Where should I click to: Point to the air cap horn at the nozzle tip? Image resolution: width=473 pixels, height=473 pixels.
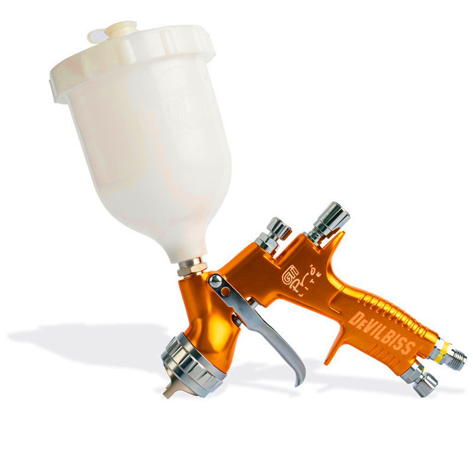tap(170, 390)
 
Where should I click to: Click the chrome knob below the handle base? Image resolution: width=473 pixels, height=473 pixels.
tap(425, 384)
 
